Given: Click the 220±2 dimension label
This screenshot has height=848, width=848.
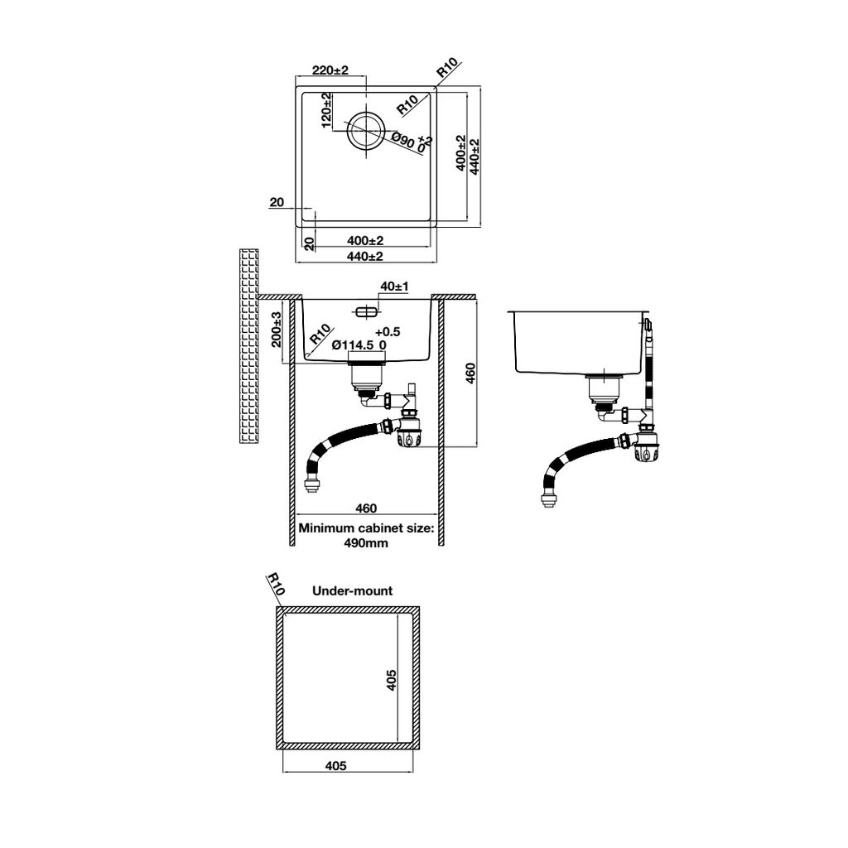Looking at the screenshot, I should point(331,71).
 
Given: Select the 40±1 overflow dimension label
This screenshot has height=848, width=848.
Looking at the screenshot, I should point(394,287).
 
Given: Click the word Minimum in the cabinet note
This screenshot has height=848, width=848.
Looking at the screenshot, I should point(326,528).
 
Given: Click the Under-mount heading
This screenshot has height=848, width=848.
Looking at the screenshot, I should point(352,591).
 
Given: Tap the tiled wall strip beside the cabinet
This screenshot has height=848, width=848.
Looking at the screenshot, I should point(248,345).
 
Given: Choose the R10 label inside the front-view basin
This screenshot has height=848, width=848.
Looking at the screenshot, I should point(320,334).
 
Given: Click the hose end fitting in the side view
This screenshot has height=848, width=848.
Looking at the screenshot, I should point(548,497).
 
